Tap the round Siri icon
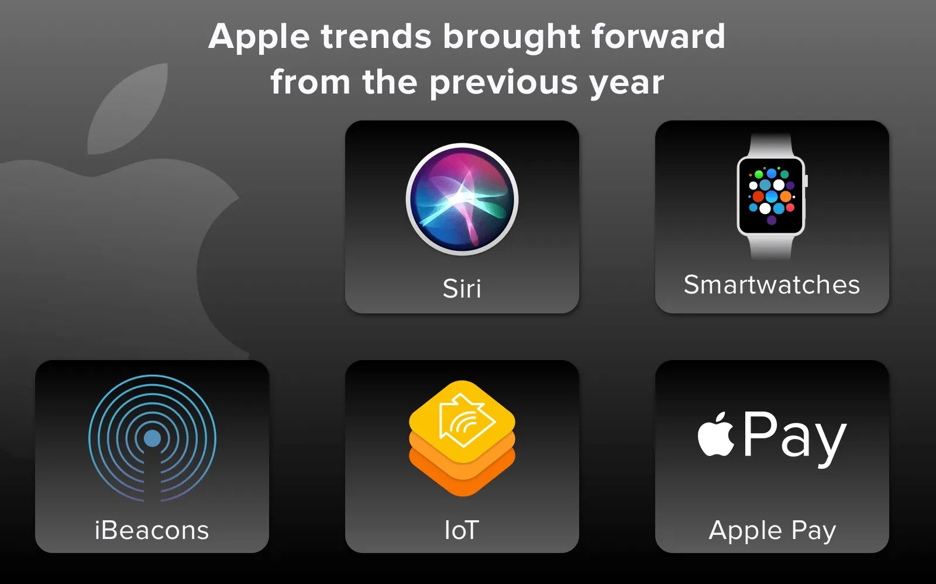pos(462,199)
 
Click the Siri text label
pos(462,288)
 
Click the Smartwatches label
pos(772,285)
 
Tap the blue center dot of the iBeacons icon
pos(152,438)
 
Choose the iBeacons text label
pos(152,530)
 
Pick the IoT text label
pos(462,530)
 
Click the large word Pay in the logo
pos(794,436)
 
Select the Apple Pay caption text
pos(772,530)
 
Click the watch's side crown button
pos(806,181)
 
